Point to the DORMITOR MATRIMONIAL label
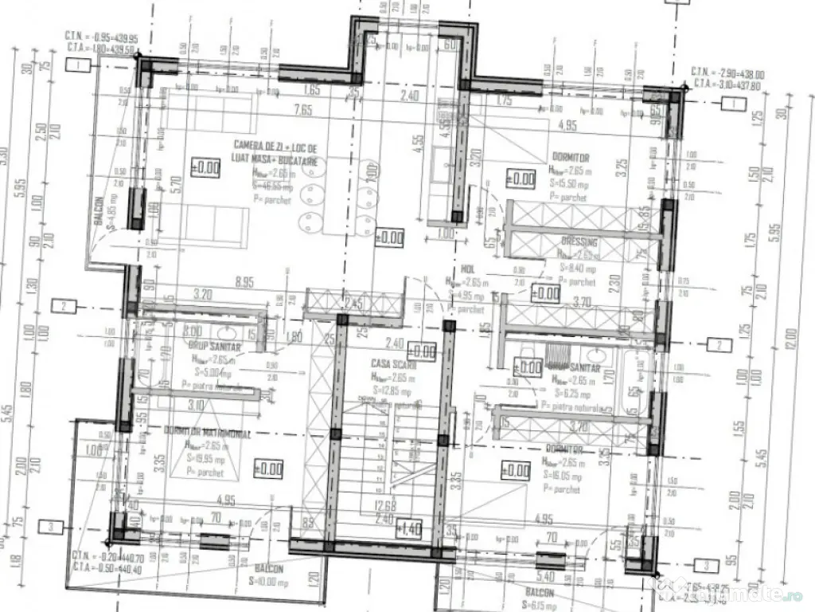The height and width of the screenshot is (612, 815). click(x=208, y=433)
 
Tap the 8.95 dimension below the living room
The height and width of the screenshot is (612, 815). click(x=244, y=281)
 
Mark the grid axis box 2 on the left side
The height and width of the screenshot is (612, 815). click(x=64, y=305)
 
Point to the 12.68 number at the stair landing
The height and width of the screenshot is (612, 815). click(x=385, y=504)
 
